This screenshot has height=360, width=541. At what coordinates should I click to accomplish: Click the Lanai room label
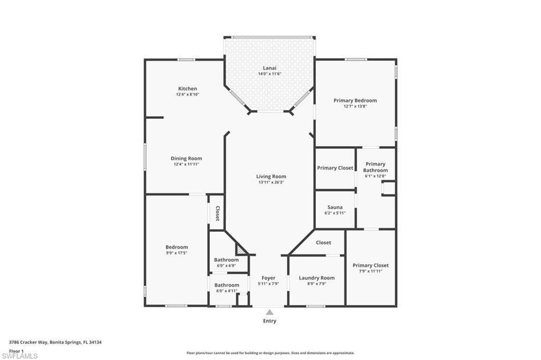269,68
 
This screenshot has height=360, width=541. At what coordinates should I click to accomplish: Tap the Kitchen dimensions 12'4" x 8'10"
188,94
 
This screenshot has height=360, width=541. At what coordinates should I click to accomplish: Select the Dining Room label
186,158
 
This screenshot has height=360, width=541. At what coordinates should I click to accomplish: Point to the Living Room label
272,177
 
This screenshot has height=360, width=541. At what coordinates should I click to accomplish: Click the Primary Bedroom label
355,100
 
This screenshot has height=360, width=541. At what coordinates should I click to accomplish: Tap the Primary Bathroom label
376,167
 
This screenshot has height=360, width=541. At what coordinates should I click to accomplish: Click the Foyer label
268,278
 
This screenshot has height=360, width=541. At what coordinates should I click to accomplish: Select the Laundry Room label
316,278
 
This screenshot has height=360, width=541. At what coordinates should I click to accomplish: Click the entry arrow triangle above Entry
269,312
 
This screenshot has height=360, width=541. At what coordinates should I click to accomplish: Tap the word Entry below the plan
269,321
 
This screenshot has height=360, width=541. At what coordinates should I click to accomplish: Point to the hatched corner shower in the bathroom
241,249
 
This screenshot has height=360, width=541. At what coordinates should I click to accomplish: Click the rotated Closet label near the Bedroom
217,213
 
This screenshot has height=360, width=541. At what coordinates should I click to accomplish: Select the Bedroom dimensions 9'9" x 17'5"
176,253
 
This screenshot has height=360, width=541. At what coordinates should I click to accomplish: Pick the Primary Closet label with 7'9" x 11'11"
370,268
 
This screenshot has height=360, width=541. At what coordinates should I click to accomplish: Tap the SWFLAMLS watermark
19,356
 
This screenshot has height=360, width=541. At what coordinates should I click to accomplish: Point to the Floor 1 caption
16,350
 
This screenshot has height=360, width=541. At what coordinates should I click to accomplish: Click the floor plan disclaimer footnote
270,353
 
